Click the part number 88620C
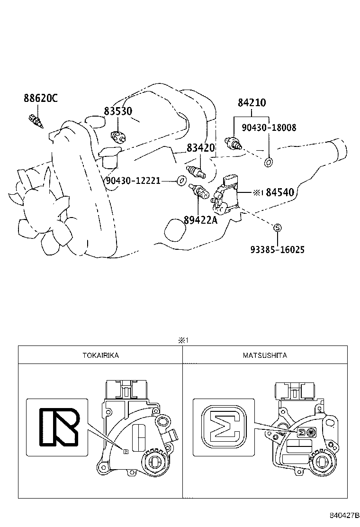pos(40,99)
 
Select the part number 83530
pos(118,111)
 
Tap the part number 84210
pos(252,103)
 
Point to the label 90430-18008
pos(269,127)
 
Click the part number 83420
pos(200,148)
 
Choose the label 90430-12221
pos(133,181)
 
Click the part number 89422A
pos(200,220)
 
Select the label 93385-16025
pos(278,249)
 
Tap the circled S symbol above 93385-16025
pos(278,228)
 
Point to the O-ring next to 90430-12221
pos(180,181)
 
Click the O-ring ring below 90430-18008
pos(268,163)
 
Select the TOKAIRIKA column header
pos(100,355)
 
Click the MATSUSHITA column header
pos(265,355)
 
